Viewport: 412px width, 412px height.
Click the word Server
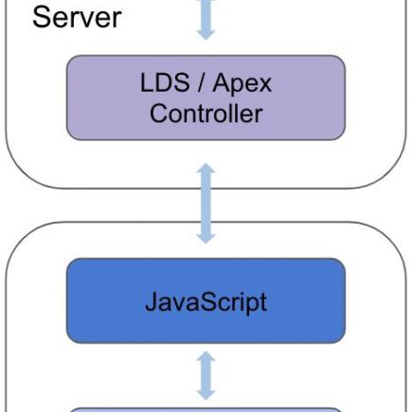click(77, 18)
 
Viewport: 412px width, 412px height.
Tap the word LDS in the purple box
click(165, 82)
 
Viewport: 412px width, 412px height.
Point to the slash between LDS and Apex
click(201, 82)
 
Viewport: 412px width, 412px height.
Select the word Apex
click(242, 84)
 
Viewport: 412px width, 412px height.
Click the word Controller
click(206, 114)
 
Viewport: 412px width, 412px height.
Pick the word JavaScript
click(206, 302)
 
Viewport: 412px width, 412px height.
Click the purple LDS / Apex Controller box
click(206, 98)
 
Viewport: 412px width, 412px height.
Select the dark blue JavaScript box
click(206, 300)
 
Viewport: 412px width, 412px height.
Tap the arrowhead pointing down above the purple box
click(206, 34)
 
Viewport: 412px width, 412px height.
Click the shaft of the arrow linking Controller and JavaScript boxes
click(206, 204)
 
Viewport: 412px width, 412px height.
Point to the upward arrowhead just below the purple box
click(206, 168)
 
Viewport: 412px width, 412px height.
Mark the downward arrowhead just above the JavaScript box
click(206, 239)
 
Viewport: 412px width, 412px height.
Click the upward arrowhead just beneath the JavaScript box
click(206, 356)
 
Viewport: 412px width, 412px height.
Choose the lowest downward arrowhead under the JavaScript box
click(206, 395)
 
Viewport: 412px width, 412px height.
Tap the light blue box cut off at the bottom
click(206, 410)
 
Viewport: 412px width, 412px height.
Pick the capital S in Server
click(41, 18)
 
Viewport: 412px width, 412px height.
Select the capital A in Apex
click(222, 82)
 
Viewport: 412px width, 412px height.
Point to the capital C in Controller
click(158, 114)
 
